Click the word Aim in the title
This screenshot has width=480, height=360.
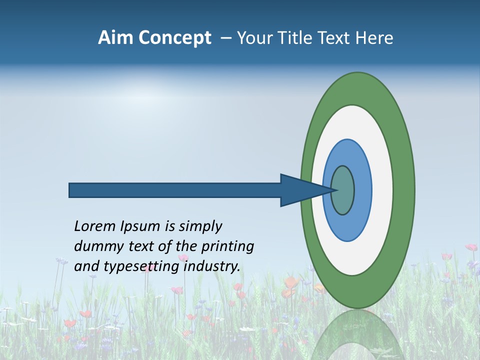[x=113, y=38]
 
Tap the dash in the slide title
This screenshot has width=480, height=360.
[x=225, y=38]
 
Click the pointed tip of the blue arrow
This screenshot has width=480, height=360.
[x=337, y=190]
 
